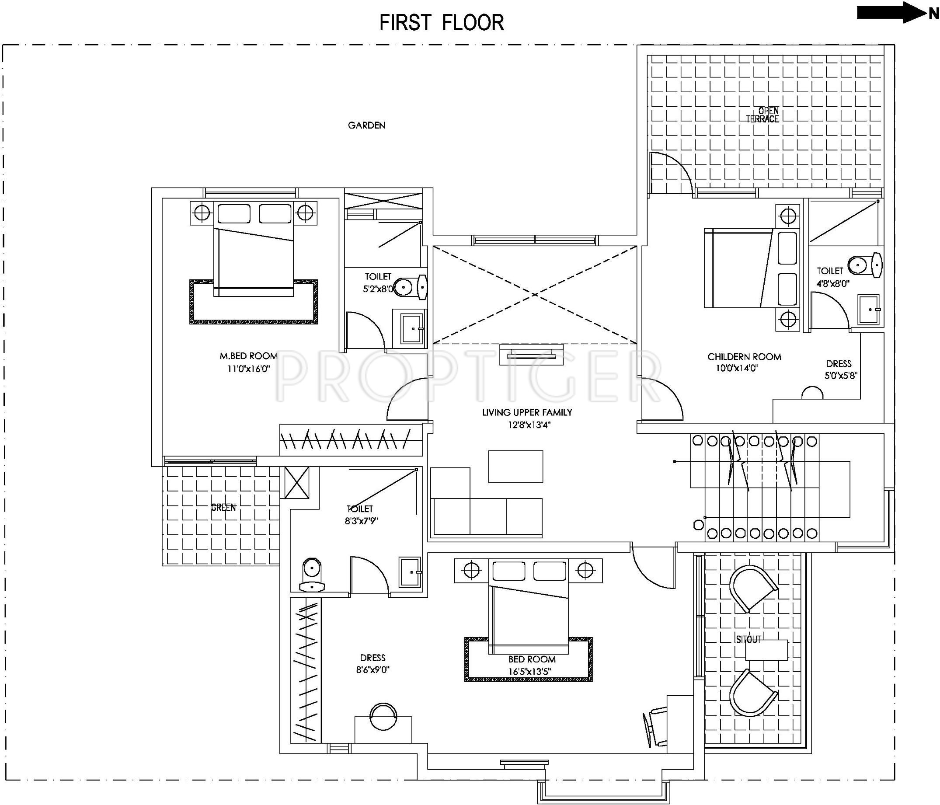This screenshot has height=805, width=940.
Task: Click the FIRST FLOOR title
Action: [x=442, y=23]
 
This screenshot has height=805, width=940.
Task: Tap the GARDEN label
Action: [x=366, y=125]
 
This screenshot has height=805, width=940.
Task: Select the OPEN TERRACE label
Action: [x=762, y=115]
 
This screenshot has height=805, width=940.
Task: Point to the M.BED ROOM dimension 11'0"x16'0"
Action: [x=249, y=369]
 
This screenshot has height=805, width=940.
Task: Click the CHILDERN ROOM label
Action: [x=745, y=357]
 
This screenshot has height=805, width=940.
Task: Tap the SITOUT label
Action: [x=749, y=639]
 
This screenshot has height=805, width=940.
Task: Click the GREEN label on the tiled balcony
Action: [x=223, y=507]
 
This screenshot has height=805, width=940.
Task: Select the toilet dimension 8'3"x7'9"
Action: [x=361, y=521]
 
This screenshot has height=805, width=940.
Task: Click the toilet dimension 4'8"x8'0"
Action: [x=832, y=284]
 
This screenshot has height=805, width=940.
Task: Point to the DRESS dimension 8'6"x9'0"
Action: [x=373, y=669]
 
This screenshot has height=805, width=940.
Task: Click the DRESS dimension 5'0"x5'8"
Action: [x=841, y=376]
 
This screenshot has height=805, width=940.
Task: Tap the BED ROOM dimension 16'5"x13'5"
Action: [x=529, y=672]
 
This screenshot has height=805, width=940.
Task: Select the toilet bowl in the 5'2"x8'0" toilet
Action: [x=411, y=287]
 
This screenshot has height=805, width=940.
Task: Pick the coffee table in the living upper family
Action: [x=515, y=467]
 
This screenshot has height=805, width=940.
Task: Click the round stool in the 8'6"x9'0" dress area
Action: [x=384, y=717]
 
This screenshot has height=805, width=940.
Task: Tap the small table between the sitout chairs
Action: [x=766, y=650]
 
